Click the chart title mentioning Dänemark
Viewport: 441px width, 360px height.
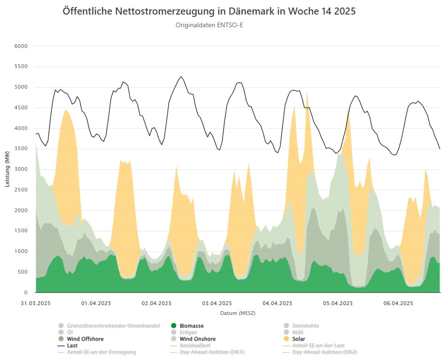pyautogui.click(x=209, y=11)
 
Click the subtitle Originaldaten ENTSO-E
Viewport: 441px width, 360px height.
pyautogui.click(x=209, y=25)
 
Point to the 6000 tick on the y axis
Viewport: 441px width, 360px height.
pyautogui.click(x=22, y=46)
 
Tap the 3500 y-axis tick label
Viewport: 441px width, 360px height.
pyautogui.click(x=22, y=149)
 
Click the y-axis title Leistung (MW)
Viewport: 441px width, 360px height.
pyautogui.click(x=8, y=169)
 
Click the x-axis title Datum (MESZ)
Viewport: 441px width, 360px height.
pyautogui.click(x=238, y=313)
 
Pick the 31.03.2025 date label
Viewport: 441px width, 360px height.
pyautogui.click(x=36, y=303)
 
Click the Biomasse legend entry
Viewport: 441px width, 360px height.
pyautogui.click(x=191, y=326)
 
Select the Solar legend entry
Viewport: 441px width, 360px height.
pyautogui.click(x=299, y=339)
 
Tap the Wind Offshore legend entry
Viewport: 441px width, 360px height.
pyautogui.click(x=85, y=339)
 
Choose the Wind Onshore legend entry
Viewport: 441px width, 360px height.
pyautogui.click(x=197, y=339)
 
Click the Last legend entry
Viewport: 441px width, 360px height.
pyautogui.click(x=72, y=345)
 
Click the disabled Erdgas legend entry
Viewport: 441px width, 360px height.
pyautogui.click(x=188, y=332)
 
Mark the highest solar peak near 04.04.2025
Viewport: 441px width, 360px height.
pyautogui.click(x=307, y=92)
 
